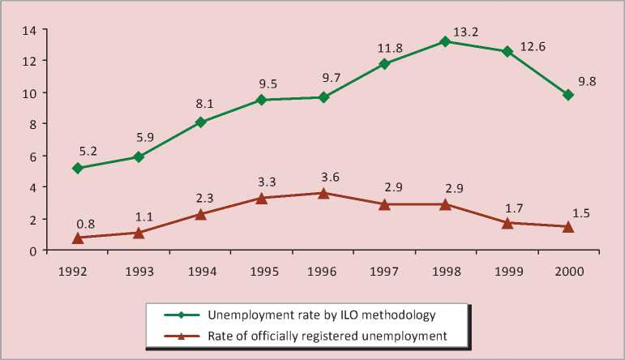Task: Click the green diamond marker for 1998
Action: click(446, 41)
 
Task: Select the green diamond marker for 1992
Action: click(77, 168)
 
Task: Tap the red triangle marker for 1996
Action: click(323, 193)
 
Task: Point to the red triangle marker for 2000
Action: click(569, 226)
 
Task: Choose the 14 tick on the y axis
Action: click(30, 30)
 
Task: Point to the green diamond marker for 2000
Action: click(569, 95)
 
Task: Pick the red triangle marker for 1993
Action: click(139, 233)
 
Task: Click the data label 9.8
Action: click(585, 81)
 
